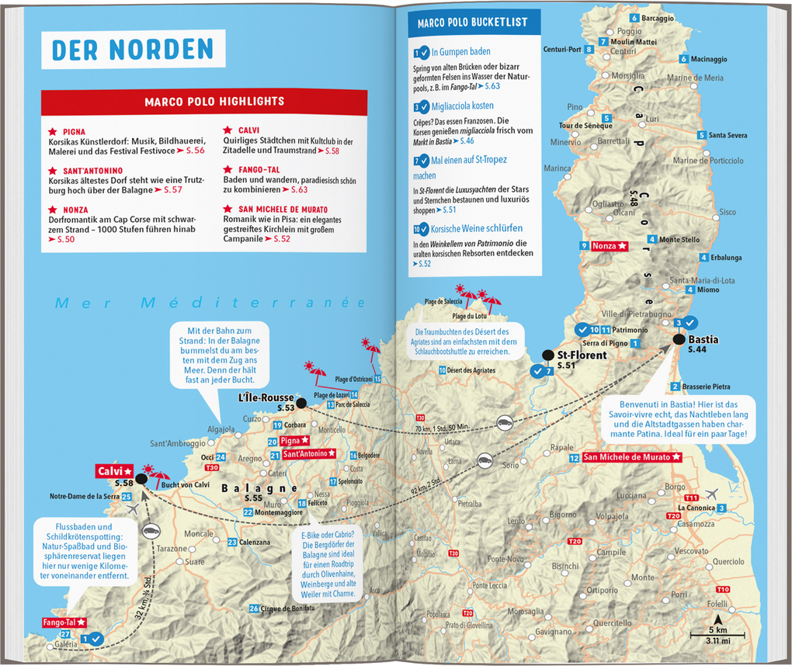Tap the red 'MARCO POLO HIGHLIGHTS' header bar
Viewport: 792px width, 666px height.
pyautogui.click(x=203, y=102)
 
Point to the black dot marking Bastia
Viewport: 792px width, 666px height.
pyautogui.click(x=679, y=339)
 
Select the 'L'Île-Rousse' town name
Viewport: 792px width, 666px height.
pyautogui.click(x=266, y=397)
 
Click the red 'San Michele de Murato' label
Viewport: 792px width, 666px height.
pyautogui.click(x=632, y=458)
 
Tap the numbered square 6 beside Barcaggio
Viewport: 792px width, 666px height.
pyautogui.click(x=635, y=18)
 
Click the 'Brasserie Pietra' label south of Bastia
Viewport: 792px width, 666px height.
pyautogui.click(x=706, y=387)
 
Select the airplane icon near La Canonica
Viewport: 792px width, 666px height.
pyautogui.click(x=713, y=494)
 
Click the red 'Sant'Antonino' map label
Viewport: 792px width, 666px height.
pyautogui.click(x=309, y=454)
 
